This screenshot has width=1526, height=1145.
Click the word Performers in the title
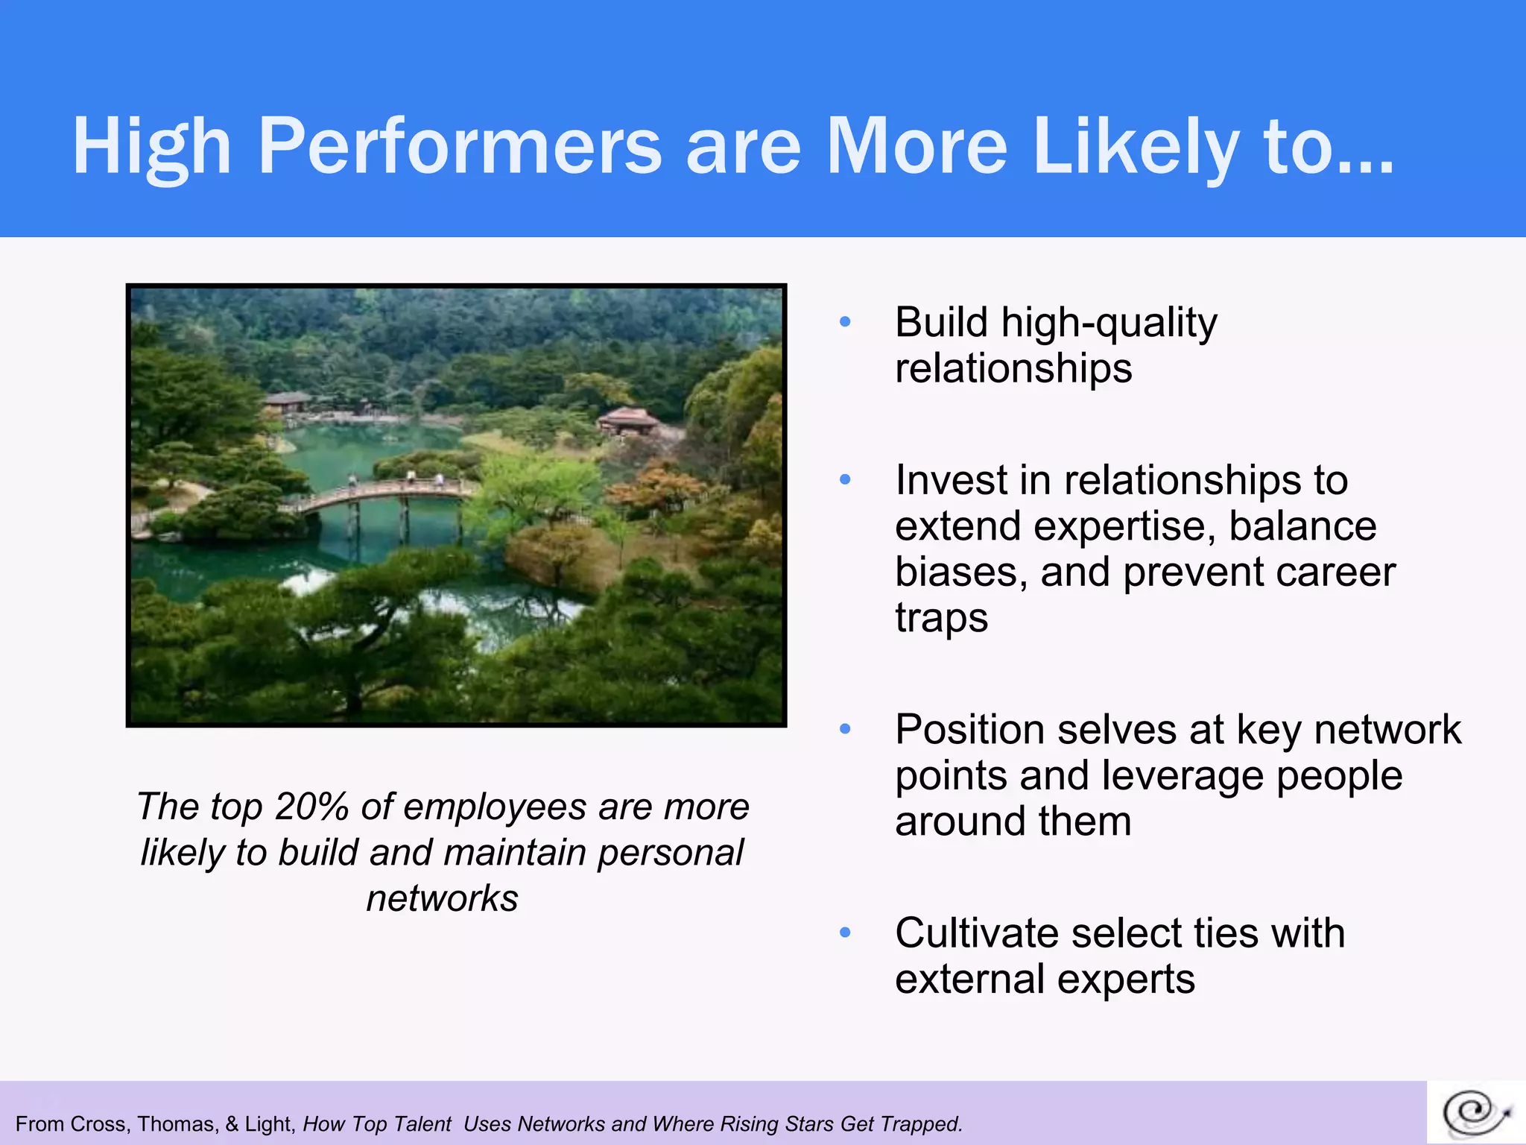coord(460,146)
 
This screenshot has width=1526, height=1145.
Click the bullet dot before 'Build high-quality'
coord(845,322)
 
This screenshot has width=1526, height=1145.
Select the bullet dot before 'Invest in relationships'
coord(845,479)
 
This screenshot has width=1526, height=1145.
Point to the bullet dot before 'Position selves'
coord(845,729)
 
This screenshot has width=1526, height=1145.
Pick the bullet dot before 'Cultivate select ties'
coord(845,933)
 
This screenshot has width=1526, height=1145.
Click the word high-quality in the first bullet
coord(1109,324)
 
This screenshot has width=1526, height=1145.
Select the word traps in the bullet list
coord(941,619)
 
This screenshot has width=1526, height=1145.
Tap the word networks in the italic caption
coord(443,898)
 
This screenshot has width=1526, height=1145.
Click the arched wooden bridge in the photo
coord(380,496)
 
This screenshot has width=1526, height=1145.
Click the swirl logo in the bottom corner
coord(1475,1112)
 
